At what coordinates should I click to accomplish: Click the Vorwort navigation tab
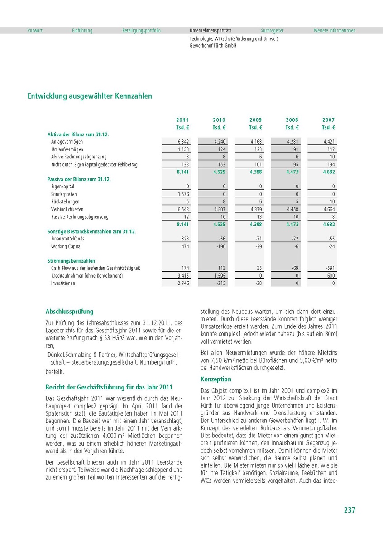pyautogui.click(x=35, y=30)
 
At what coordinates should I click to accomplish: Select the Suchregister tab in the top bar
pyautogui.click(x=272, y=30)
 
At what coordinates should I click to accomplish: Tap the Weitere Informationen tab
pyautogui.click(x=335, y=30)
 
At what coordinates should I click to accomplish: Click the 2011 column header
pyautogui.click(x=182, y=120)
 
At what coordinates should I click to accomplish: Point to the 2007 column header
pyautogui.click(x=329, y=120)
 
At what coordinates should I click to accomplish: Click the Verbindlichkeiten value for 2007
pyautogui.click(x=328, y=209)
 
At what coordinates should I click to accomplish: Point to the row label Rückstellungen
pyautogui.click(x=65, y=201)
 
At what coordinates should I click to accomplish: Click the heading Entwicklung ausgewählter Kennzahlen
pyautogui.click(x=90, y=96)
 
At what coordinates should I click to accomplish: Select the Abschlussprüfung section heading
pyautogui.click(x=69, y=312)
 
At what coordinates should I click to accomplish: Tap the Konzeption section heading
pyautogui.click(x=216, y=379)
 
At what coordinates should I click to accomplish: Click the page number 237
pyautogui.click(x=349, y=510)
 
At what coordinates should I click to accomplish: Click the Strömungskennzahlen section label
pyautogui.click(x=71, y=261)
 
